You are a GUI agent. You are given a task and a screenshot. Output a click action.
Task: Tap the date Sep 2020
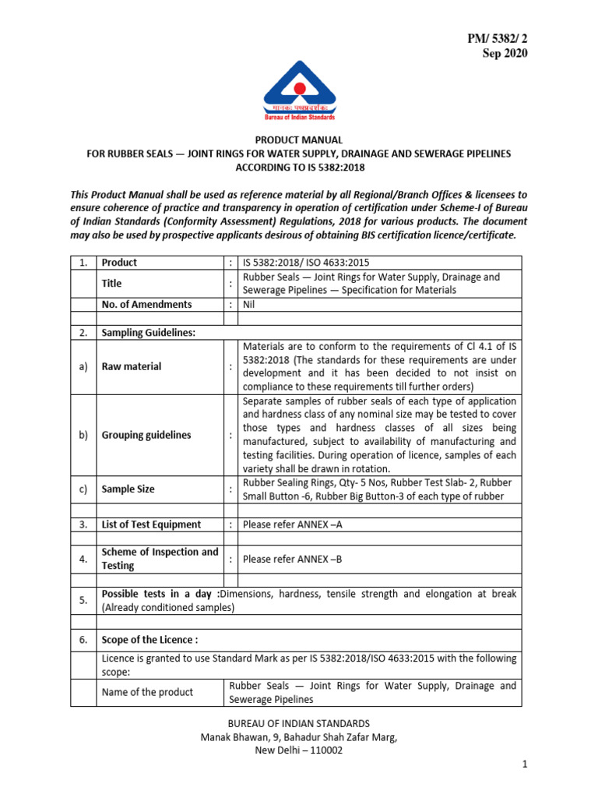tap(504, 53)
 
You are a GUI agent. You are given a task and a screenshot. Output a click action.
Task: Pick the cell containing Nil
tap(249, 305)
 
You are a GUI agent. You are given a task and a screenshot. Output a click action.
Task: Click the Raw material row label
tap(132, 366)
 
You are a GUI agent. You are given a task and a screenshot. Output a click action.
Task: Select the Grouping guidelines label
tap(146, 435)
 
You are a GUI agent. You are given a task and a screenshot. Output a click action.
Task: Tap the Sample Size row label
tap(128, 489)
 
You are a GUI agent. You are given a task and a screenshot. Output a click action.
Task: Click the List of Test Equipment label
tap(151, 524)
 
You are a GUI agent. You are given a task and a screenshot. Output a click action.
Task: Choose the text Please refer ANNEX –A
tap(292, 524)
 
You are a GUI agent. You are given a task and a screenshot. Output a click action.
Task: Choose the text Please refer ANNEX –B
tap(292, 559)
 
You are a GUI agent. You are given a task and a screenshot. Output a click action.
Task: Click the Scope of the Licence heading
tap(149, 640)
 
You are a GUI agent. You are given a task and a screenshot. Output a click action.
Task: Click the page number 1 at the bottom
tap(526, 766)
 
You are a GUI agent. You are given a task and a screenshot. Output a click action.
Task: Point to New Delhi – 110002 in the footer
tap(298, 750)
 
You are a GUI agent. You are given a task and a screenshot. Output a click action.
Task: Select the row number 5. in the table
tap(83, 600)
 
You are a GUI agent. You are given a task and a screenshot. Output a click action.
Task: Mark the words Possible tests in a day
tap(159, 594)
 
